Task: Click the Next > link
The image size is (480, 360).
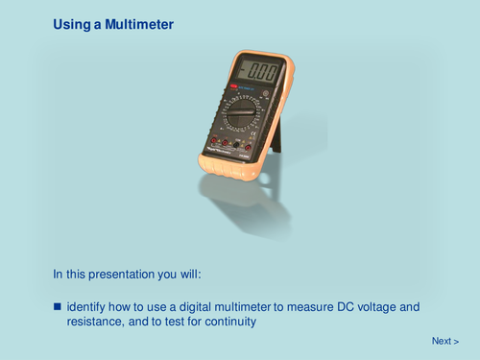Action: pos(444,341)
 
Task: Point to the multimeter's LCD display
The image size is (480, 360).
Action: pos(257,72)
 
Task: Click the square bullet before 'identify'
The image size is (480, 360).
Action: pos(58,306)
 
